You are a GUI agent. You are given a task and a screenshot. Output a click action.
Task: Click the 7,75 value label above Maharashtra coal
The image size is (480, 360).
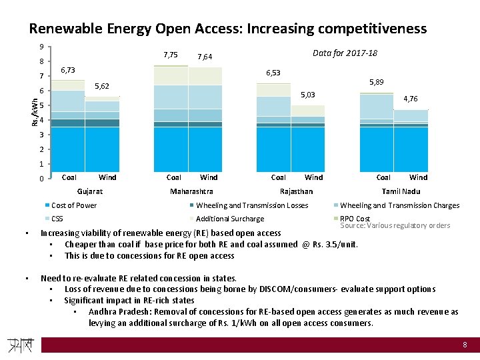pos(170,55)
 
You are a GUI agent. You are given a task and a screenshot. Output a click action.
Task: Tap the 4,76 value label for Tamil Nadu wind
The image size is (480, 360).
pos(410,99)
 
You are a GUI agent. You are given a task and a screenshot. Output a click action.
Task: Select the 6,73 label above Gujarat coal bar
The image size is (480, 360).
pos(69,70)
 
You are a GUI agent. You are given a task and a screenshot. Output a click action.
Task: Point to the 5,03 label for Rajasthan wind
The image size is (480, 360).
pos(307,94)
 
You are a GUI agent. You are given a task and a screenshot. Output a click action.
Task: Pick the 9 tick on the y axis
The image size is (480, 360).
pos(41,47)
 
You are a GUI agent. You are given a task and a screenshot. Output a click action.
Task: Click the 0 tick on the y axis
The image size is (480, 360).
pos(41,179)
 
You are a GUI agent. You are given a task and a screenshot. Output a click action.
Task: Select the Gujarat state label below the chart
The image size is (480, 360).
pos(90,191)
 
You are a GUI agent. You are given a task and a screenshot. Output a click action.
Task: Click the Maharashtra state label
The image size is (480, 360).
pos(192,191)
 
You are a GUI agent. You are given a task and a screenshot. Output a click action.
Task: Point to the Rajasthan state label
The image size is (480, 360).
pos(296,191)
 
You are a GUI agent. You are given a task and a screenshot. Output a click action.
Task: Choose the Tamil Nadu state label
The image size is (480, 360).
pos(401,191)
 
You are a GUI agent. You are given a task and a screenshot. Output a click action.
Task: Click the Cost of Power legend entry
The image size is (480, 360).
pos(73,205)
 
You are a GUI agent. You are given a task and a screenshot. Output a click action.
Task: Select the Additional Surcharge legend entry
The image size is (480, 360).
pos(230,219)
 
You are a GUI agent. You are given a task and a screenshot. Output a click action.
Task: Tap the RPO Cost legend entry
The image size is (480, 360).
pos(355,218)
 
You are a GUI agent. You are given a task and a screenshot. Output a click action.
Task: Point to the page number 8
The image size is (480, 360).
pos(465,345)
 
